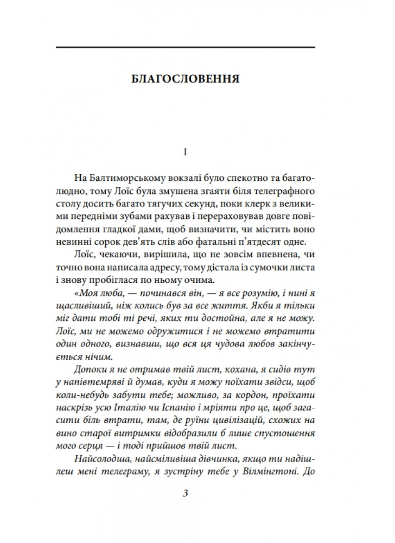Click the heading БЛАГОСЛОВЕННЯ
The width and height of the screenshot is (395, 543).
click(x=186, y=77)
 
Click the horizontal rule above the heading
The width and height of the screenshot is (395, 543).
click(x=185, y=48)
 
